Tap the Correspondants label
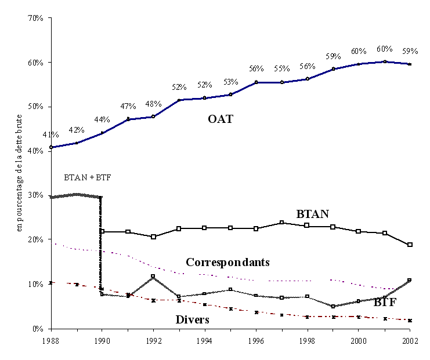[x=227, y=262]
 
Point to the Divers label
[x=192, y=319]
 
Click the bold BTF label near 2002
[x=385, y=302]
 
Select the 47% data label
[x=128, y=106]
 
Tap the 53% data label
[x=230, y=82]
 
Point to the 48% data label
[x=153, y=104]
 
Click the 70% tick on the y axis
[x=35, y=18]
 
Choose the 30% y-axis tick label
[x=35, y=195]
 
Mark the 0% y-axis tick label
[x=38, y=328]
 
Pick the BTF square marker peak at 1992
[x=153, y=277]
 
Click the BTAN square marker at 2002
[x=410, y=245]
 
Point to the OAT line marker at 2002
[x=410, y=64]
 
